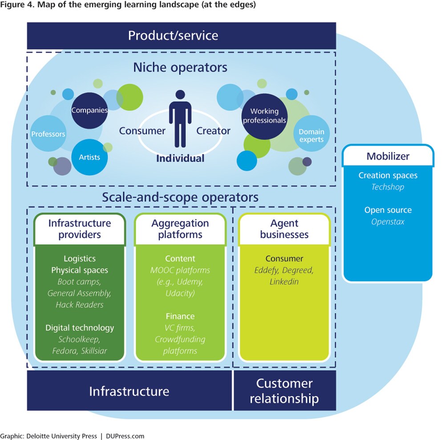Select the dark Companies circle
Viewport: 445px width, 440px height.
point(90,110)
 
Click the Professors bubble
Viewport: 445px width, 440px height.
point(48,134)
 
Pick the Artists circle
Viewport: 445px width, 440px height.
point(89,157)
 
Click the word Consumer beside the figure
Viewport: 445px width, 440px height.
point(142,131)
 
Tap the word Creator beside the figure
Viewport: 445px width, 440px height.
point(214,131)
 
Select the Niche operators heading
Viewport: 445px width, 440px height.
point(180,68)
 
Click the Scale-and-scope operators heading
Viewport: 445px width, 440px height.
point(180,197)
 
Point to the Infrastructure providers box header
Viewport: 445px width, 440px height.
point(80,229)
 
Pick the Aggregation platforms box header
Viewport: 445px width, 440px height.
point(180,229)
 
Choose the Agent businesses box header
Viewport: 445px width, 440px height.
point(284,229)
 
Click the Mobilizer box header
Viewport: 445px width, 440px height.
point(388,156)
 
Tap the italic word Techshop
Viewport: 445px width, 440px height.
point(388,187)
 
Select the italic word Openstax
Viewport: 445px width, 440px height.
point(388,221)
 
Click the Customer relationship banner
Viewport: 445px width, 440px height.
point(284,391)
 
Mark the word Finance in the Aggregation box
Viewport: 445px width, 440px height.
point(180,316)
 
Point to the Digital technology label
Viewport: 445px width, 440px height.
point(80,328)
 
